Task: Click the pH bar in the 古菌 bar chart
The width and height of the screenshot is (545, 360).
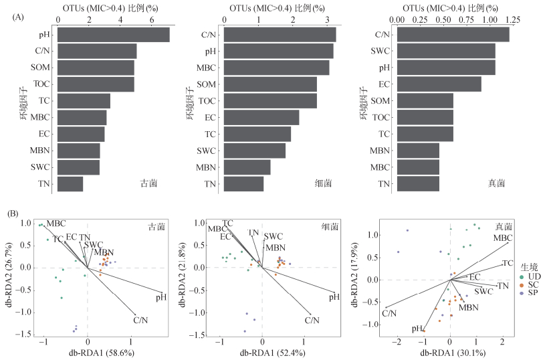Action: pyautogui.click(x=113, y=35)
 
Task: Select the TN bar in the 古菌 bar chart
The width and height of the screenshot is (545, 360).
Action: pyautogui.click(x=70, y=184)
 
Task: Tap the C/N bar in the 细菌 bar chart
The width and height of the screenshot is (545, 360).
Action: pyautogui.click(x=280, y=35)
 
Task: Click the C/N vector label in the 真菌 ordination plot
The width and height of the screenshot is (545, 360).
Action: pyautogui.click(x=389, y=313)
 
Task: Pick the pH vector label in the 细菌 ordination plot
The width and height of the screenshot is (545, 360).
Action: pyautogui.click(x=335, y=296)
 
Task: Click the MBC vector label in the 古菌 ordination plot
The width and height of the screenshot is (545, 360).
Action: pyautogui.click(x=56, y=223)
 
